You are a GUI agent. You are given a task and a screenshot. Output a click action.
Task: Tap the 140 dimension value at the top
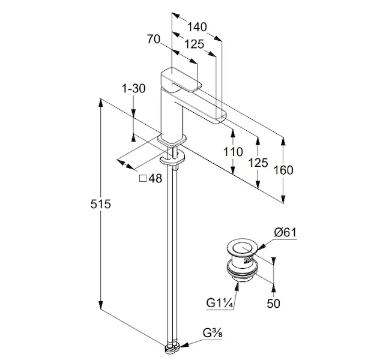(197, 26)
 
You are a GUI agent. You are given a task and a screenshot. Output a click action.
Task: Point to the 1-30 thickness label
(133, 89)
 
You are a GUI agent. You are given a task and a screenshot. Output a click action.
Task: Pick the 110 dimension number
(233, 152)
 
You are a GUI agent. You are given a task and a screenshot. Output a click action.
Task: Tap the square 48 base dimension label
(151, 178)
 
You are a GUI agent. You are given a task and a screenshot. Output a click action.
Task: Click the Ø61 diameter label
(285, 232)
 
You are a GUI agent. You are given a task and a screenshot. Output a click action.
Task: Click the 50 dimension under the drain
(273, 304)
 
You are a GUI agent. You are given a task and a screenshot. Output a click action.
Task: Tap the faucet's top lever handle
(180, 79)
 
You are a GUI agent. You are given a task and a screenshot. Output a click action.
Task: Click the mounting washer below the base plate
(172, 161)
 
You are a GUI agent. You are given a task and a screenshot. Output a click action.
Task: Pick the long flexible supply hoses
(174, 252)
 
